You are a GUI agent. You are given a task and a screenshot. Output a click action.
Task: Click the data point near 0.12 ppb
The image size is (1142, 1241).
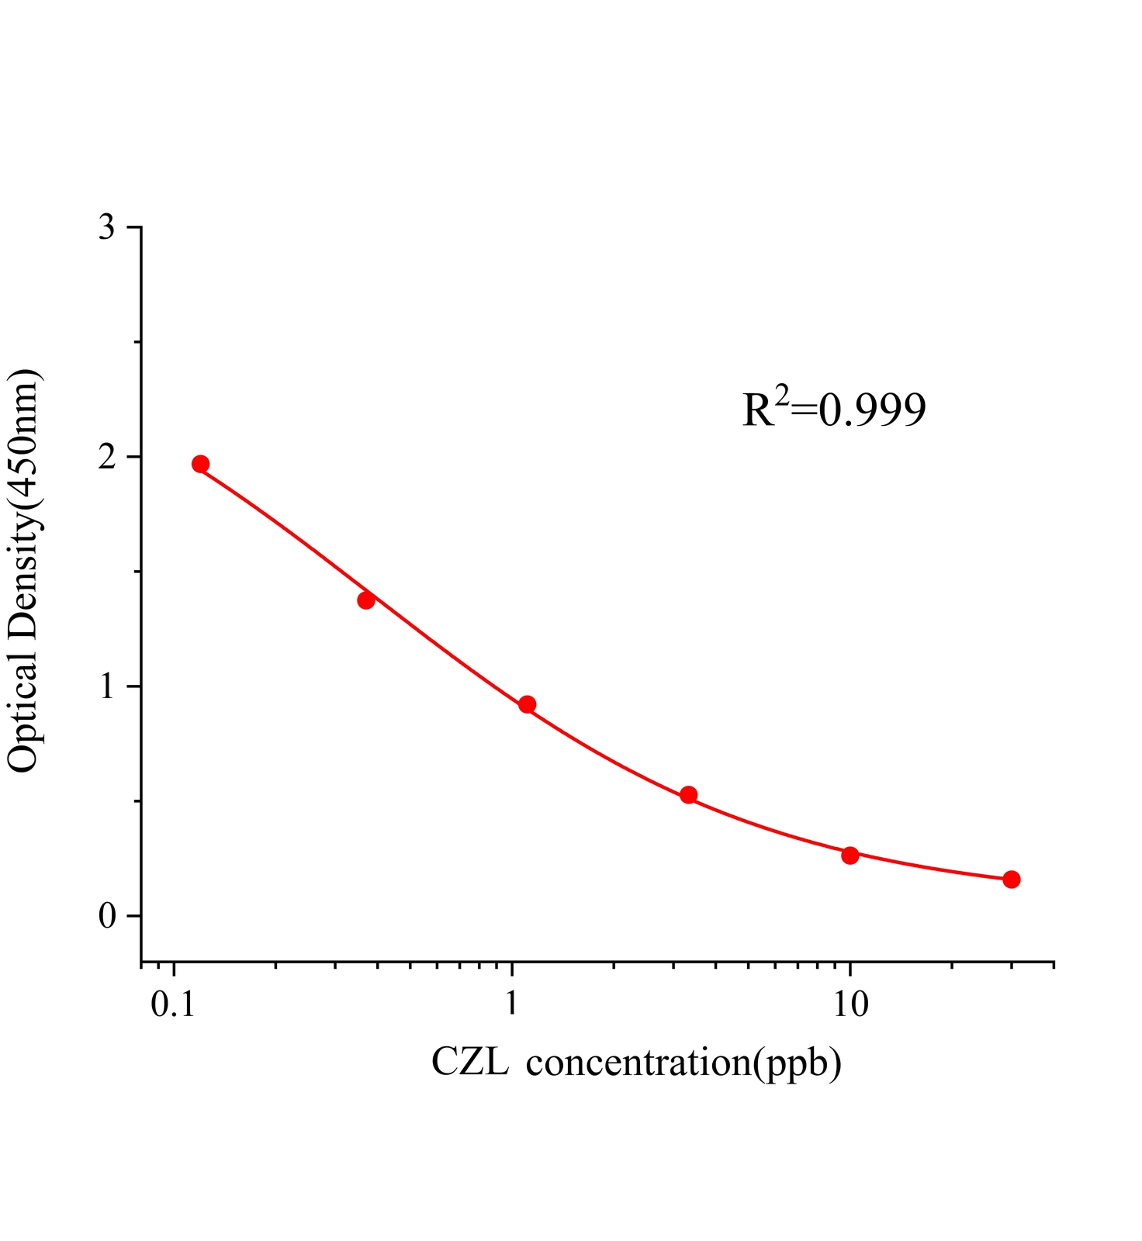[x=200, y=464]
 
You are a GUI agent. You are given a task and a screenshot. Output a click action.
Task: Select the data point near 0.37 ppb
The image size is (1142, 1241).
[x=366, y=600]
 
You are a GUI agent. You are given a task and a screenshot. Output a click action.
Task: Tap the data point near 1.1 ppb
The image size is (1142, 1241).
[x=527, y=704]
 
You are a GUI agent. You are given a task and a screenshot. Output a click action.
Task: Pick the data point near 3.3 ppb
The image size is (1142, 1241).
[x=688, y=794]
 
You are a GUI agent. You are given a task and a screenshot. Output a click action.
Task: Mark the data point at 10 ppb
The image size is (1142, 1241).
[x=850, y=856]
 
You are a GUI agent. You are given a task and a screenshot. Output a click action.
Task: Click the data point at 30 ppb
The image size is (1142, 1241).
[x=1011, y=879]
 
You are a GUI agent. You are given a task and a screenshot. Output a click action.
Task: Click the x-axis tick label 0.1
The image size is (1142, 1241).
[x=173, y=1005]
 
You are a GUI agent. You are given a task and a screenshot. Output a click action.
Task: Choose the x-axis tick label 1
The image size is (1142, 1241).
[x=512, y=1005]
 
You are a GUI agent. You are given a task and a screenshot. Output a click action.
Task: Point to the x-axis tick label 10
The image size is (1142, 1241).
[x=850, y=1005]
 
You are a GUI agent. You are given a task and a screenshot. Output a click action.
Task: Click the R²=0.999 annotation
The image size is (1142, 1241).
[x=834, y=409]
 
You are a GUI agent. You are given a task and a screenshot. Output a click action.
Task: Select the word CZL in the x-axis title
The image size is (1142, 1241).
[x=470, y=1062]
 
